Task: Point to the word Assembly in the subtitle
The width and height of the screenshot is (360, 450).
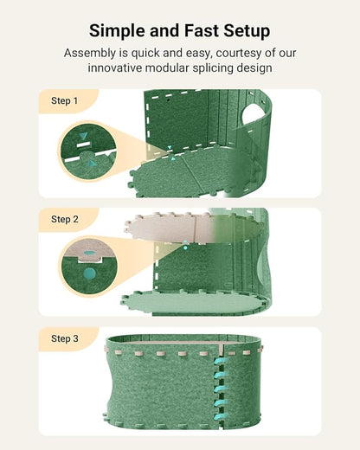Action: click(x=92, y=53)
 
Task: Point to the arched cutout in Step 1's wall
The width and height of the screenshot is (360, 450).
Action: click(x=251, y=112)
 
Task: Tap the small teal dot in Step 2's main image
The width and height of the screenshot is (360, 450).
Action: click(x=184, y=247)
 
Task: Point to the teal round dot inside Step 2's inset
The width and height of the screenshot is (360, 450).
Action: click(x=89, y=274)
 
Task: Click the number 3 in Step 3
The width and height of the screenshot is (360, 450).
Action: click(x=75, y=338)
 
